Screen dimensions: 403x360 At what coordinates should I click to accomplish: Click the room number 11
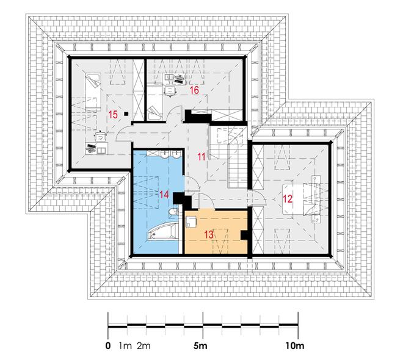tap(201, 157)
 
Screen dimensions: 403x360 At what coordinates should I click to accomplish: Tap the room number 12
tap(288, 199)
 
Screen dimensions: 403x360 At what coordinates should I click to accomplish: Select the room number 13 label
tap(209, 234)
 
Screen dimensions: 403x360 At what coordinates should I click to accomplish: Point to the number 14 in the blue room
tap(164, 195)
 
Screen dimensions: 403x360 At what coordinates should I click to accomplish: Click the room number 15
tap(113, 115)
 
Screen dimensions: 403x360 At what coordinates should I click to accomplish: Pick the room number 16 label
tap(194, 90)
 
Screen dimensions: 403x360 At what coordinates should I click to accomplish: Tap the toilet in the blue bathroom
tap(173, 213)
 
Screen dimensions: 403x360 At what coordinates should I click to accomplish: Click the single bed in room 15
tap(93, 92)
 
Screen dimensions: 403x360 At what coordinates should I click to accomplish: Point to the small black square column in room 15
tap(126, 113)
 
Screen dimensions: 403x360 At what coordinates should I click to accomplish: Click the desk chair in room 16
tap(170, 90)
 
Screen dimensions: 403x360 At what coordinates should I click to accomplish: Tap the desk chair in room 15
tap(101, 136)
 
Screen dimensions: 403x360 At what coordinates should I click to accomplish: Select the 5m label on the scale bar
tap(200, 346)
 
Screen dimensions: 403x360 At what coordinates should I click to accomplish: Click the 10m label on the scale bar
tap(295, 346)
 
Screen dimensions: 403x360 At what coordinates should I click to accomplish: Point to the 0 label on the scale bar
tap(108, 346)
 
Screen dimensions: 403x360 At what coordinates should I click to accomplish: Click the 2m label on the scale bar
tap(143, 346)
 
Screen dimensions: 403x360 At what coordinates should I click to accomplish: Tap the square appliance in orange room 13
tap(191, 221)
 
